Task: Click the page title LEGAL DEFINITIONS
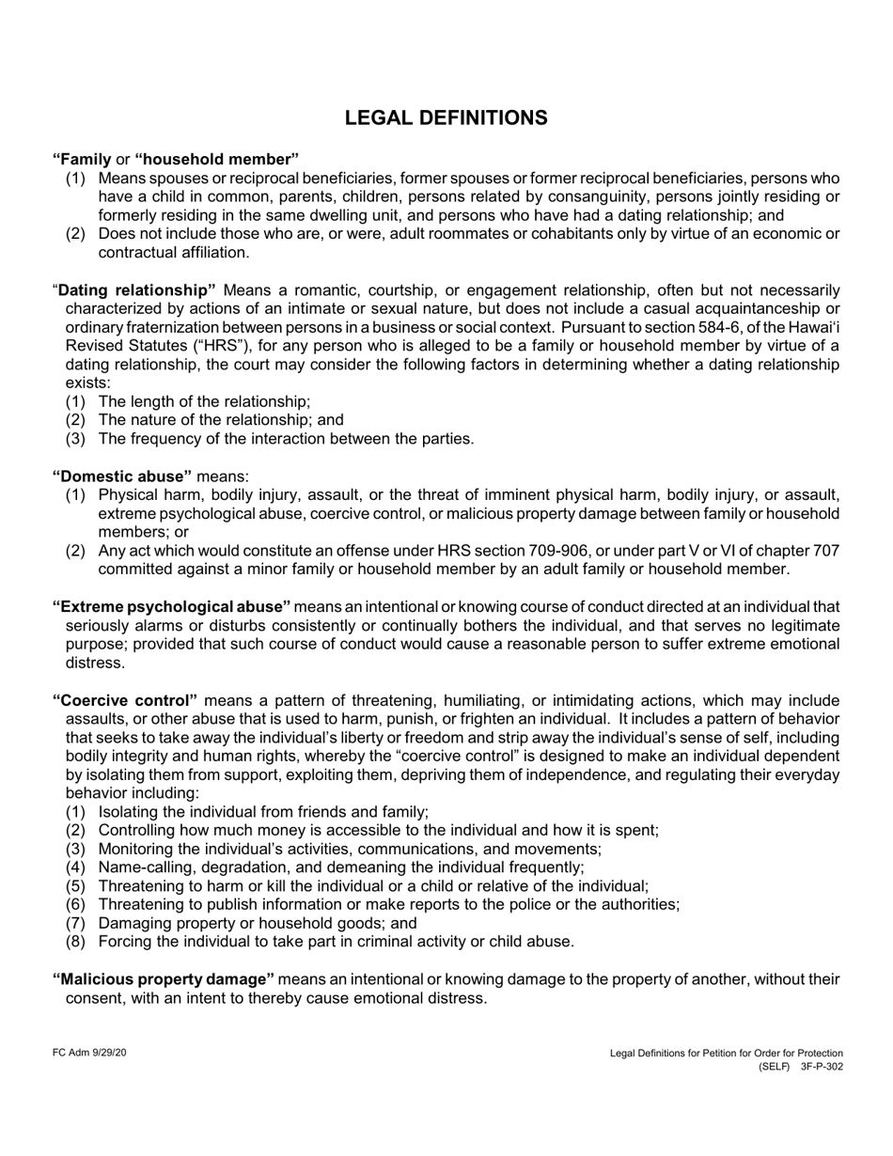(x=446, y=117)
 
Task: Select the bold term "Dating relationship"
(x=137, y=289)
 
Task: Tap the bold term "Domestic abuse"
(x=122, y=476)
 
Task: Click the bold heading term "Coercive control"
(x=125, y=700)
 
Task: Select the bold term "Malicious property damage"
(x=164, y=979)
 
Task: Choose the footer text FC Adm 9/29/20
(x=88, y=1054)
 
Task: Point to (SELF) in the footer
(x=775, y=1068)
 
